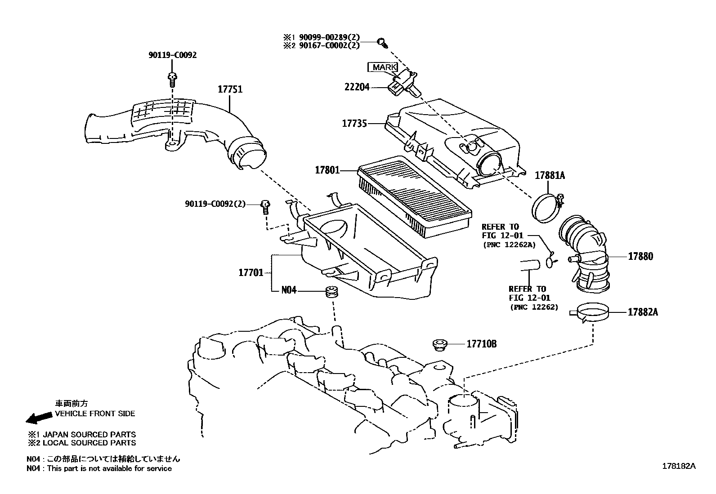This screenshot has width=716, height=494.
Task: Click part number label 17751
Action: point(230,89)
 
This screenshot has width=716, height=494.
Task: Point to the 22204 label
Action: point(357,87)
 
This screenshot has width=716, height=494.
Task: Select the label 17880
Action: point(640,256)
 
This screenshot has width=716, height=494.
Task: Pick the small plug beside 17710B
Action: point(439,344)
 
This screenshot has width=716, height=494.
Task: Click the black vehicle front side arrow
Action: point(39,418)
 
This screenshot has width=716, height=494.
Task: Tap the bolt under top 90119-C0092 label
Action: point(172,79)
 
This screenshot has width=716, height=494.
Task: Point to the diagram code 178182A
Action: point(678,466)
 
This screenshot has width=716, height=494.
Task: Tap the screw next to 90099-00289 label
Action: point(383,42)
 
